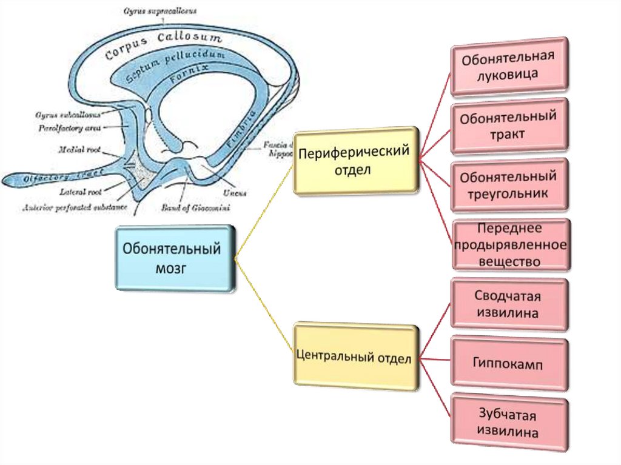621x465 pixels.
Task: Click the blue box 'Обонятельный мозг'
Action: coord(175,258)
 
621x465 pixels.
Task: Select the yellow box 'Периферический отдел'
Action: coord(356,159)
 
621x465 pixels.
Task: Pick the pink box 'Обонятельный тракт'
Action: coord(508,125)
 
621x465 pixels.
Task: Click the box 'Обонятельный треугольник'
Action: coord(508,185)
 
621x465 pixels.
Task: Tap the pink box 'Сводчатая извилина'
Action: coord(508,305)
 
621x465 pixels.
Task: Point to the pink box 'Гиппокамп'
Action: coord(508,364)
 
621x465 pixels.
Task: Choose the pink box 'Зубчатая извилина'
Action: coord(508,424)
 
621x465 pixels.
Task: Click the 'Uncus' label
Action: coord(235,192)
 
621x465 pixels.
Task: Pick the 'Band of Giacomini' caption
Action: coord(195,207)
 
